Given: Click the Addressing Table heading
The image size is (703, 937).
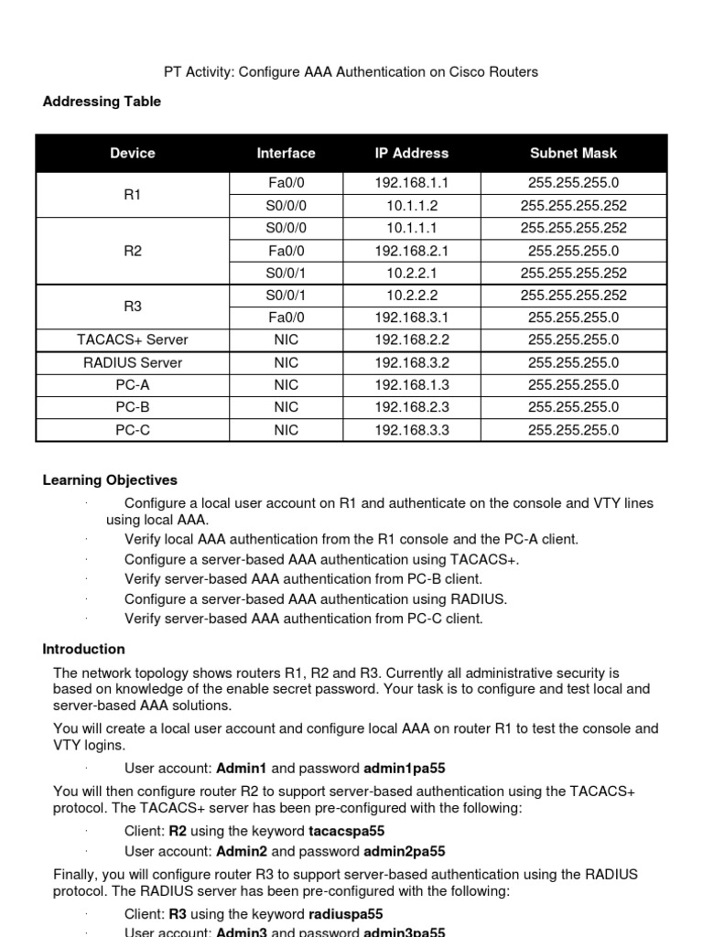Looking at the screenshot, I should tap(102, 102).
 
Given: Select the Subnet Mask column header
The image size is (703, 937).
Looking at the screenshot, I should tap(573, 154).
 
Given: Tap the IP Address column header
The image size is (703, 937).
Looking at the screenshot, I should tap(412, 154).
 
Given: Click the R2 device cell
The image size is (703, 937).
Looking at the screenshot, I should tap(132, 251).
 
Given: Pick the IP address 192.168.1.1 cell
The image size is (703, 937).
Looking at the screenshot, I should tap(412, 183).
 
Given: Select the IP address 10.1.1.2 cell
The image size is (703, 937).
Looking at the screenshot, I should tap(412, 206).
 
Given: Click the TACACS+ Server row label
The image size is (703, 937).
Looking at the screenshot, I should tap(132, 340).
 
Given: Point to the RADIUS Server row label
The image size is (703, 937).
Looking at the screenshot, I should tap(132, 362).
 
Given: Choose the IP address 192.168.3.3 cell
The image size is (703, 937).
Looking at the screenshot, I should tap(412, 430).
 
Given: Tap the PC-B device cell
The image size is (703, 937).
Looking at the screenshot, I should tap(132, 407).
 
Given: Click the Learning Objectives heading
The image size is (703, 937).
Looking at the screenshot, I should tap(110, 480).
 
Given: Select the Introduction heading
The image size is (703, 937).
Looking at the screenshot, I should tap(84, 650).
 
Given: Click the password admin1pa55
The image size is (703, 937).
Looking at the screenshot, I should tap(405, 769).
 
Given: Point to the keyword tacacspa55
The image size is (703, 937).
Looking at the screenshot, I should tap(345, 832).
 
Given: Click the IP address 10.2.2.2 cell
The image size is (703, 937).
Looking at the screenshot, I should tap(412, 296).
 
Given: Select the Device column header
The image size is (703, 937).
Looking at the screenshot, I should tap(132, 154).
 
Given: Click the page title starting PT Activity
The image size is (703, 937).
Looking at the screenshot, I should tap(351, 71).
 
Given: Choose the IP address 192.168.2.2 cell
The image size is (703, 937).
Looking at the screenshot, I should tap(412, 340).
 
